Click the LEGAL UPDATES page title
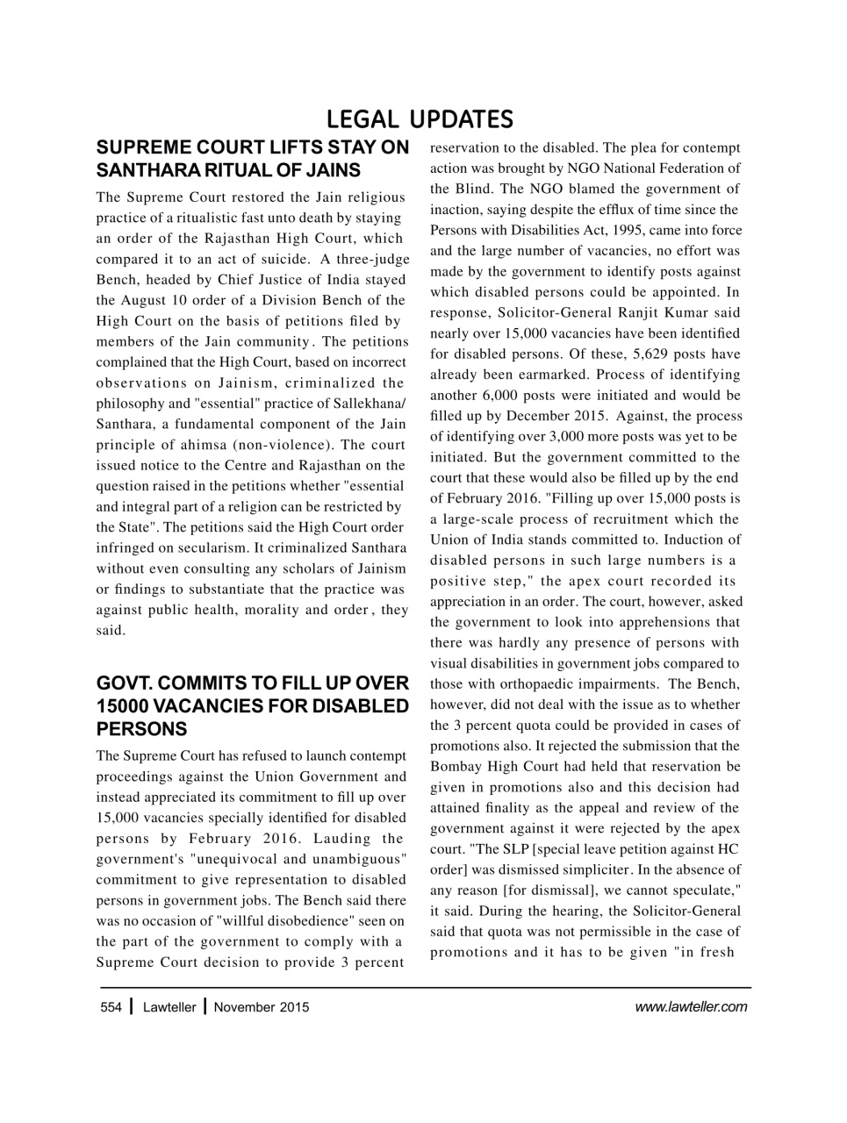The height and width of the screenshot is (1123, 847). tap(420, 118)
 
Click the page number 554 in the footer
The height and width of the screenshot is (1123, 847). tap(111, 1007)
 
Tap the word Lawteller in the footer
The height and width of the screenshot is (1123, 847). tap(169, 1007)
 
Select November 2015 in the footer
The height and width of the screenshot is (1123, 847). tap(262, 1007)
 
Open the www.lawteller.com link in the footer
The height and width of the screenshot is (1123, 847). tap(691, 1007)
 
